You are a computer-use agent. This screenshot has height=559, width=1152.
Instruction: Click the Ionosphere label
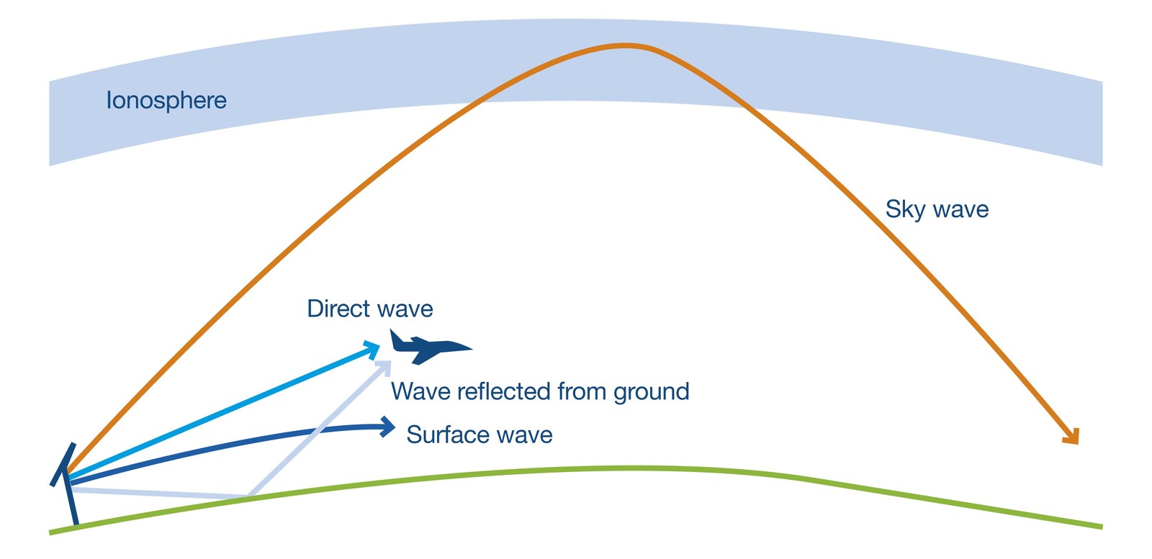(x=166, y=101)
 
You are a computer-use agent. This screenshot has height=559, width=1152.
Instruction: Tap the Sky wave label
(x=937, y=209)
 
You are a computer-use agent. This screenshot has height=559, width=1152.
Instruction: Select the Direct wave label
(x=370, y=309)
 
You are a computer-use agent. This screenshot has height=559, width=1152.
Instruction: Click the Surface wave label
(x=480, y=435)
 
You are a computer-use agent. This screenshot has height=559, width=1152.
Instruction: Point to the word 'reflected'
(x=503, y=391)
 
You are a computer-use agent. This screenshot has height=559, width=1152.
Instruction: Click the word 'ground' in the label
(x=651, y=393)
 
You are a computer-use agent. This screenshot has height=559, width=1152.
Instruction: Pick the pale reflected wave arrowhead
(x=384, y=367)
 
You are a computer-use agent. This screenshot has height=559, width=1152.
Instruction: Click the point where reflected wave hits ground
(x=248, y=496)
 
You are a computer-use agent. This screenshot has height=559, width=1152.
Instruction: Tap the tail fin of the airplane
(x=397, y=339)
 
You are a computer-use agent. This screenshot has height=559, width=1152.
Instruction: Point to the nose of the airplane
(x=470, y=348)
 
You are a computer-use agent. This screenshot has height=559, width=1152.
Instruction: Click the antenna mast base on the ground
(x=76, y=524)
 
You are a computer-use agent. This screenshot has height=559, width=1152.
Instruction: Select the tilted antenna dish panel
(x=63, y=465)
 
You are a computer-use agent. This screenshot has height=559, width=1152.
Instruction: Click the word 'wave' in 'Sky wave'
(x=960, y=209)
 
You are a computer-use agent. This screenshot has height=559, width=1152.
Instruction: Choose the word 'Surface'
(x=447, y=435)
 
